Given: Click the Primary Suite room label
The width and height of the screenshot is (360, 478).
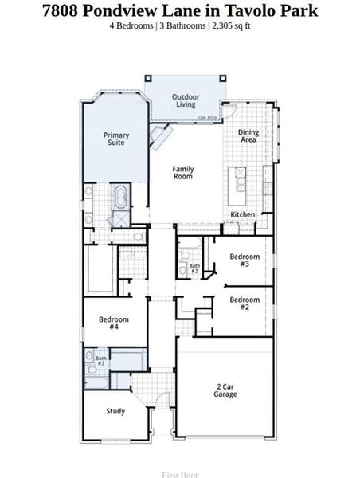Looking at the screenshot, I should tap(115, 139).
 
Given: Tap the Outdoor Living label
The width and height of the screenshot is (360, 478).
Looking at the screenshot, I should tap(185, 100).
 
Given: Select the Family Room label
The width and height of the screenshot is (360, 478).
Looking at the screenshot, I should tap(183, 172).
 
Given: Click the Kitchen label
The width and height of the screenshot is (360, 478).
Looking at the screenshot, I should tap(243, 215).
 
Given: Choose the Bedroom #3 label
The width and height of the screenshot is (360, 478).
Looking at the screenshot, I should tap(245, 261).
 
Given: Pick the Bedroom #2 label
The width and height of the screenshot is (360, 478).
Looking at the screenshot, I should tap(245, 303).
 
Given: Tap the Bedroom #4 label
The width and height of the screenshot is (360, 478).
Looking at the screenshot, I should tap(114, 323).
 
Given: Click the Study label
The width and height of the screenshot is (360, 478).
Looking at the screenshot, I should tap(115, 411).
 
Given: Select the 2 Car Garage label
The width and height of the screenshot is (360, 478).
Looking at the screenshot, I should tap(225, 390).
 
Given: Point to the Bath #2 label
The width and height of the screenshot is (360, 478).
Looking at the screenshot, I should tap(194, 268).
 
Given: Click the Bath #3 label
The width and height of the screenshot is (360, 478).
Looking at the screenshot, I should tap(101, 361).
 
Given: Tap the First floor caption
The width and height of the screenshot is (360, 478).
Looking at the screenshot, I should tap(180, 474).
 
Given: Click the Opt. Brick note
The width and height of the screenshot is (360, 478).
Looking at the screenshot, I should tap(208, 118).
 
